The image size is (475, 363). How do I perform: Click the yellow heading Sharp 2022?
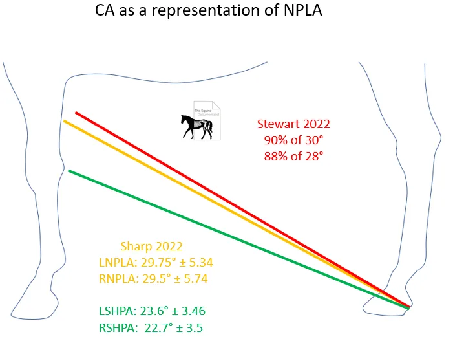[x=151, y=247]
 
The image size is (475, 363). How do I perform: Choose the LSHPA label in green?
[x=114, y=311]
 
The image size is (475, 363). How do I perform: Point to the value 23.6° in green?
[x=159, y=311]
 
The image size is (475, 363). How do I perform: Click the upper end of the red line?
[x=76, y=113]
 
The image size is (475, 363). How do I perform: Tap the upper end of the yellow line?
[x=64, y=121]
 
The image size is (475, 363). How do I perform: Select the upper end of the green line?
[x=69, y=171]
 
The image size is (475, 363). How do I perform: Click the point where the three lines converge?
[x=407, y=307]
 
